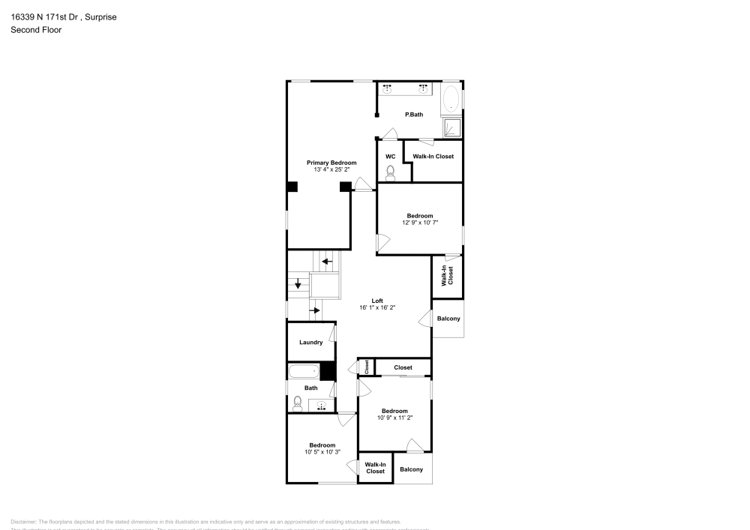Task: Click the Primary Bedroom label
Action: (x=331, y=163)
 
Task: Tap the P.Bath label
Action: (x=414, y=115)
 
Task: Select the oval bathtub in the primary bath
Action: (x=451, y=99)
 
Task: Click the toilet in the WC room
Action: (x=390, y=173)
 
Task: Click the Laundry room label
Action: (x=310, y=343)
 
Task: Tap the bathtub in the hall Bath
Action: (x=304, y=371)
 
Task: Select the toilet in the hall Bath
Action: (x=297, y=403)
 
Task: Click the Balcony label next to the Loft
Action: (x=448, y=319)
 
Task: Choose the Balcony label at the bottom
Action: (x=411, y=469)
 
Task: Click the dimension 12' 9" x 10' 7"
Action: (x=419, y=223)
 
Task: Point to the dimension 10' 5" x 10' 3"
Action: (x=322, y=452)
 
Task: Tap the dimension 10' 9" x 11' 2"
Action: (x=394, y=418)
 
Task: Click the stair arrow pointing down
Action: (x=298, y=284)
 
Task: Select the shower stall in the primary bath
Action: (x=452, y=127)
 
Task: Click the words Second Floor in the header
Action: (x=36, y=30)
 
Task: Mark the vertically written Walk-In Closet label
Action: (x=446, y=276)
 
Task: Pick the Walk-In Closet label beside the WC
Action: (x=433, y=156)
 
